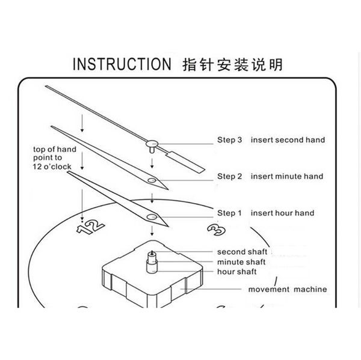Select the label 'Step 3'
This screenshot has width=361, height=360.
coord(229,140)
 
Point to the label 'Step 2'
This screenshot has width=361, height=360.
coord(229,177)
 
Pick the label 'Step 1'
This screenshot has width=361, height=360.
coord(229,213)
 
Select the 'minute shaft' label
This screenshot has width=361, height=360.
coord(241,261)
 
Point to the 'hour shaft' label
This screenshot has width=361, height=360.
coord(238,272)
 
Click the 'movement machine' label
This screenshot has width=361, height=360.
coord(288,289)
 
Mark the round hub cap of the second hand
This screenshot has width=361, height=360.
coord(153,143)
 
